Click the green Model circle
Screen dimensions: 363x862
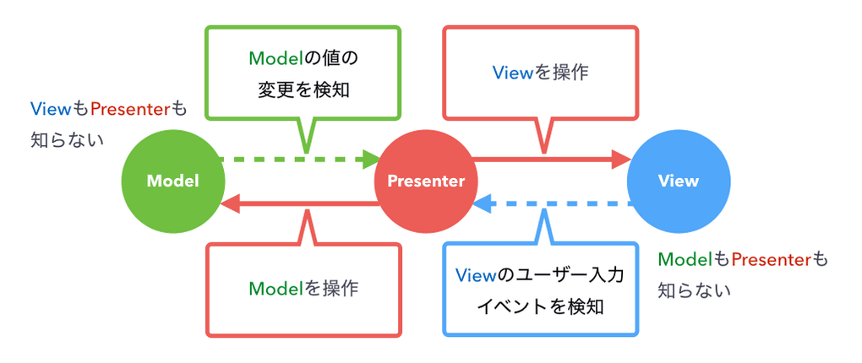click(x=172, y=181)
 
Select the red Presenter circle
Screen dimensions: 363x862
click(x=425, y=181)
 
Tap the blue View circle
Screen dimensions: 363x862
click(x=679, y=181)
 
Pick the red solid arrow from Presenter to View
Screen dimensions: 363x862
click(x=549, y=158)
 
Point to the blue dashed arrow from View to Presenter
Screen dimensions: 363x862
click(x=558, y=203)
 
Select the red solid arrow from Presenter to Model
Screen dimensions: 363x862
click(x=304, y=203)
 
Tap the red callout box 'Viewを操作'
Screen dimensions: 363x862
click(x=540, y=73)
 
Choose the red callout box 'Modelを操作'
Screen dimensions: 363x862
click(x=303, y=288)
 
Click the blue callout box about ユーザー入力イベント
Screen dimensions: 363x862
click(x=540, y=290)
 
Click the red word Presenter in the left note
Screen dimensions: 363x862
click(x=130, y=109)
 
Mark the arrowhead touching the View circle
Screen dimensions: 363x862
click(x=622, y=158)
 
